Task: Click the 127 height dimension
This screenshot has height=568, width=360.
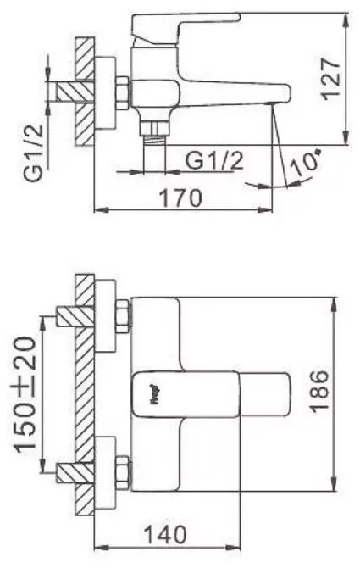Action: point(333,78)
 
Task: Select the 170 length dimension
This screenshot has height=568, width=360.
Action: point(180,199)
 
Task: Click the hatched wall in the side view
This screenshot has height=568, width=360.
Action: point(85,91)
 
